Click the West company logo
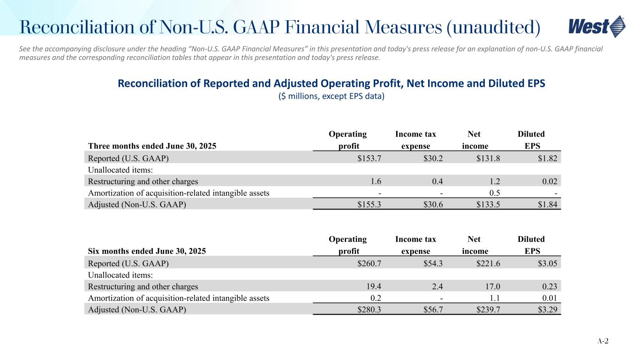[597, 27]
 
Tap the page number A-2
[602, 341]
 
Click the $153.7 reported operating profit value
[369, 158]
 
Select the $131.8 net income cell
[488, 158]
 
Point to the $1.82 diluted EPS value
[548, 158]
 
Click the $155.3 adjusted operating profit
[369, 204]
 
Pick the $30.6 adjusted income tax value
[433, 204]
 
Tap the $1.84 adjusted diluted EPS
[548, 204]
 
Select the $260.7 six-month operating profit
[369, 263]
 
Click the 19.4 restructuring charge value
[374, 286]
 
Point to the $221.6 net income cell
[488, 263]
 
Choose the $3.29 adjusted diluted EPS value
[548, 309]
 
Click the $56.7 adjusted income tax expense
[433, 309]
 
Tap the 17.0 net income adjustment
[493, 286]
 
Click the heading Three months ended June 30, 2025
[152, 146]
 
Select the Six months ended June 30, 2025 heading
[147, 251]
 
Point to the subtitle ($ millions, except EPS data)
[331, 96]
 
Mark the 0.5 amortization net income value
[495, 193]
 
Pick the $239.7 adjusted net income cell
[488, 309]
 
